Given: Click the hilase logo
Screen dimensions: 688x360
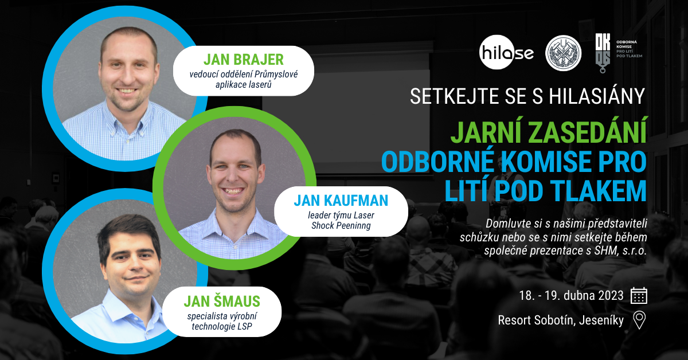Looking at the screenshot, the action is pyautogui.click(x=506, y=52).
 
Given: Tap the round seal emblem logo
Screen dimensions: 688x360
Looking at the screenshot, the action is pyautogui.click(x=563, y=53).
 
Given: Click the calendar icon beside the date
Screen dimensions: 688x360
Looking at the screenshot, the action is pyautogui.click(x=639, y=295).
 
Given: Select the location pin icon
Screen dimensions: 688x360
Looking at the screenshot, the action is pyautogui.click(x=639, y=320).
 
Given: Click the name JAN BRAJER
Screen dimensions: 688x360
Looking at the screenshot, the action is pyautogui.click(x=243, y=60).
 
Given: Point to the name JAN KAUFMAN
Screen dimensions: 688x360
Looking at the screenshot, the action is pyautogui.click(x=341, y=201).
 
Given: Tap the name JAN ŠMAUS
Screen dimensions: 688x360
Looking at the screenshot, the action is pyautogui.click(x=222, y=301).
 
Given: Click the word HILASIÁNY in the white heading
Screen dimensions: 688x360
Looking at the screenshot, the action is pyautogui.click(x=597, y=96).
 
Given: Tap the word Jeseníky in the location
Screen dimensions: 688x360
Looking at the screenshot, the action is pyautogui.click(x=601, y=320).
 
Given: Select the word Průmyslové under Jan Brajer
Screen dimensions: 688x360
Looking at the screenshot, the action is pyautogui.click(x=276, y=75).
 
